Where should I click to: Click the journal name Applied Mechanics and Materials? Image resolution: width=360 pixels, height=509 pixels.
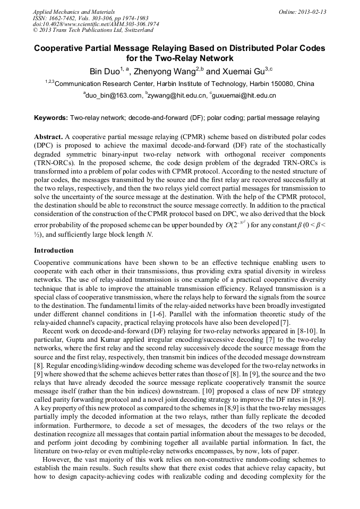[74, 12]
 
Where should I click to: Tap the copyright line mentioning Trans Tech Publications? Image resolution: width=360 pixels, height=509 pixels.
[93, 31]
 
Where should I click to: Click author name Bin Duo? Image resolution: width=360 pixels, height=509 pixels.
[104, 71]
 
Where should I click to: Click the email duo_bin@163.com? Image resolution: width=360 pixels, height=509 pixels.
[114, 96]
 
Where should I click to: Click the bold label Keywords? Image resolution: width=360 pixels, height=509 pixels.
[51, 118]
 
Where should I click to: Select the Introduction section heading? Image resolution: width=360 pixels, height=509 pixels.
[54, 250]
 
